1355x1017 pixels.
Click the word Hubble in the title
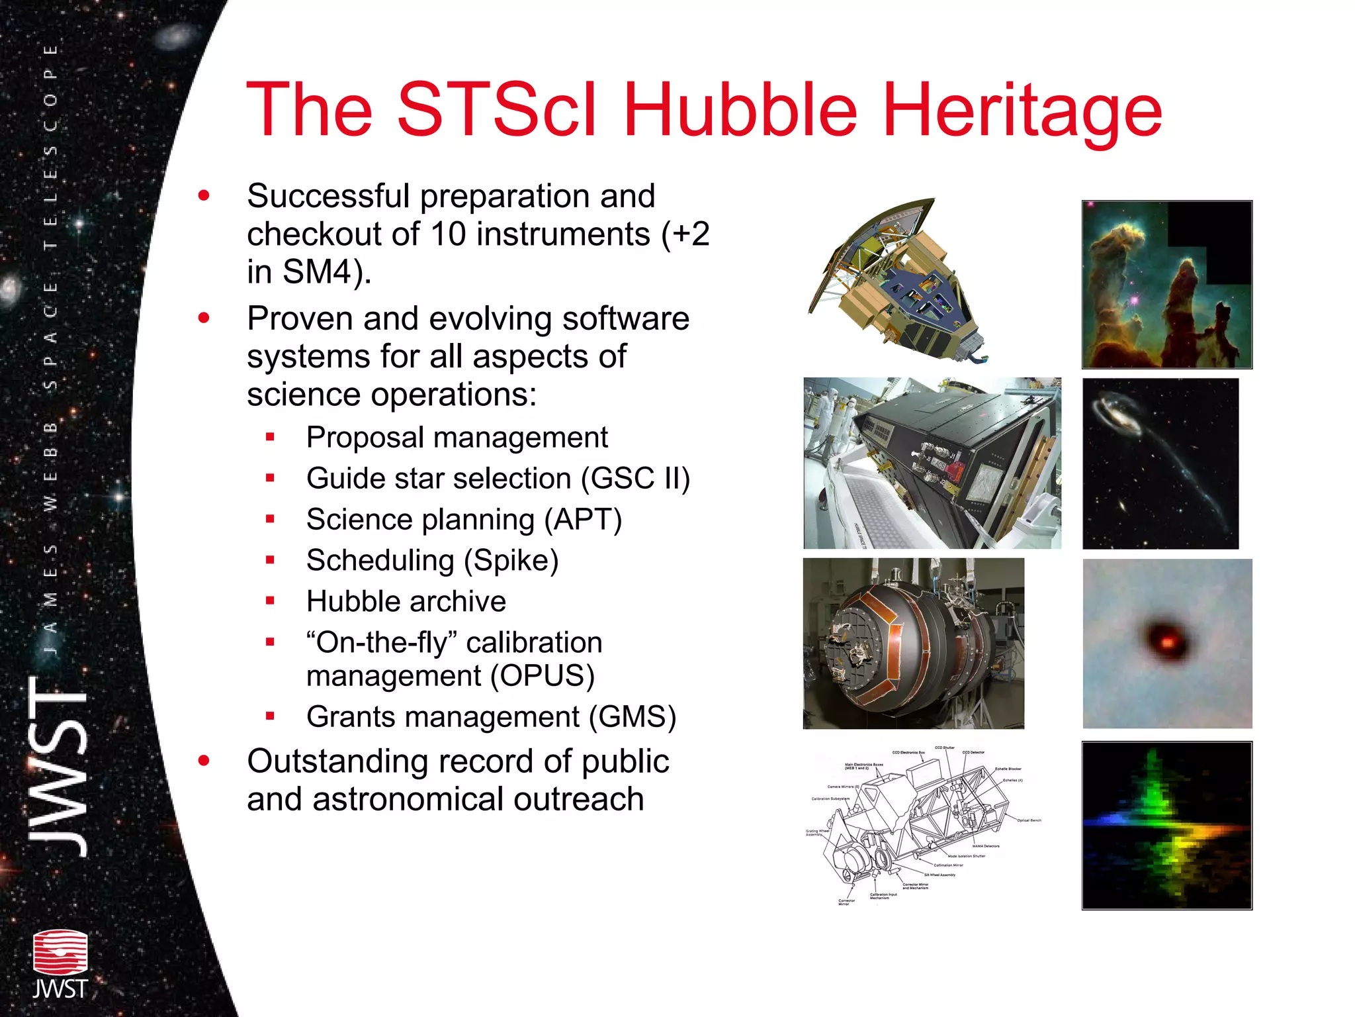click(x=740, y=110)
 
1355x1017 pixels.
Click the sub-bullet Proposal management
click(x=457, y=438)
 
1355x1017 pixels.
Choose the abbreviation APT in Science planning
click(x=582, y=520)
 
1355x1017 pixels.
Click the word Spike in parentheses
click(x=511, y=561)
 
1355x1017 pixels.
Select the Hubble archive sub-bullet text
click(x=406, y=602)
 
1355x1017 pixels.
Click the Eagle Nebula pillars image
click(x=1166, y=285)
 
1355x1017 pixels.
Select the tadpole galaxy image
click(x=1160, y=463)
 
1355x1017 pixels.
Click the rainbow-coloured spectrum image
click(x=1166, y=826)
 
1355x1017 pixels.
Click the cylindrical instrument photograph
click(x=913, y=644)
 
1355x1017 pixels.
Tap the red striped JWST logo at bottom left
click(x=60, y=953)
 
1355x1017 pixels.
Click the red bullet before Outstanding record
click(x=204, y=761)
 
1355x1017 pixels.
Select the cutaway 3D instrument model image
click(x=900, y=281)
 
